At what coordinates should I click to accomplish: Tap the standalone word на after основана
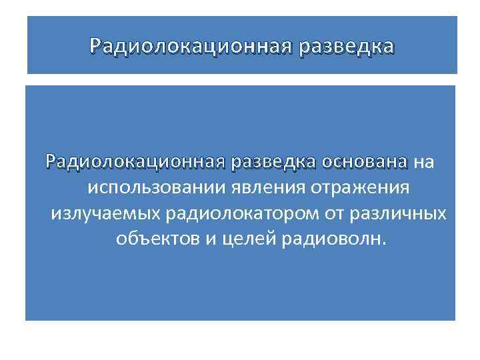coord(424,163)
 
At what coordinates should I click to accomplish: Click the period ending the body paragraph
coord(383,243)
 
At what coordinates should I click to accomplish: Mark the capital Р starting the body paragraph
coord(50,163)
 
